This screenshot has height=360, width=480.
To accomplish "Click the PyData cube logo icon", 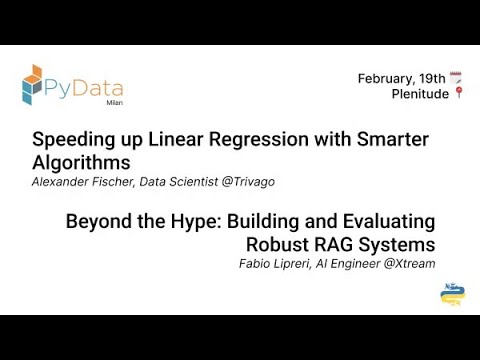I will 32,85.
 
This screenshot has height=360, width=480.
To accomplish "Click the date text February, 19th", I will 401,78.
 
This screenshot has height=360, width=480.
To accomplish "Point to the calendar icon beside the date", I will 456,78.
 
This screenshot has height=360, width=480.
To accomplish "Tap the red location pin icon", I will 458,94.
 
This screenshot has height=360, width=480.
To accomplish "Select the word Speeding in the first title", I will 68,139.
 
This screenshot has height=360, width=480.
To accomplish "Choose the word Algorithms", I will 81,161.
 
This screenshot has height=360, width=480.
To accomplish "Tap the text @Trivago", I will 248,181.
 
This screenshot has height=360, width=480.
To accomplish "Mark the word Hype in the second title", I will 192,221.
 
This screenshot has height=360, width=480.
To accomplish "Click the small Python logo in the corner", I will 452,294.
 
